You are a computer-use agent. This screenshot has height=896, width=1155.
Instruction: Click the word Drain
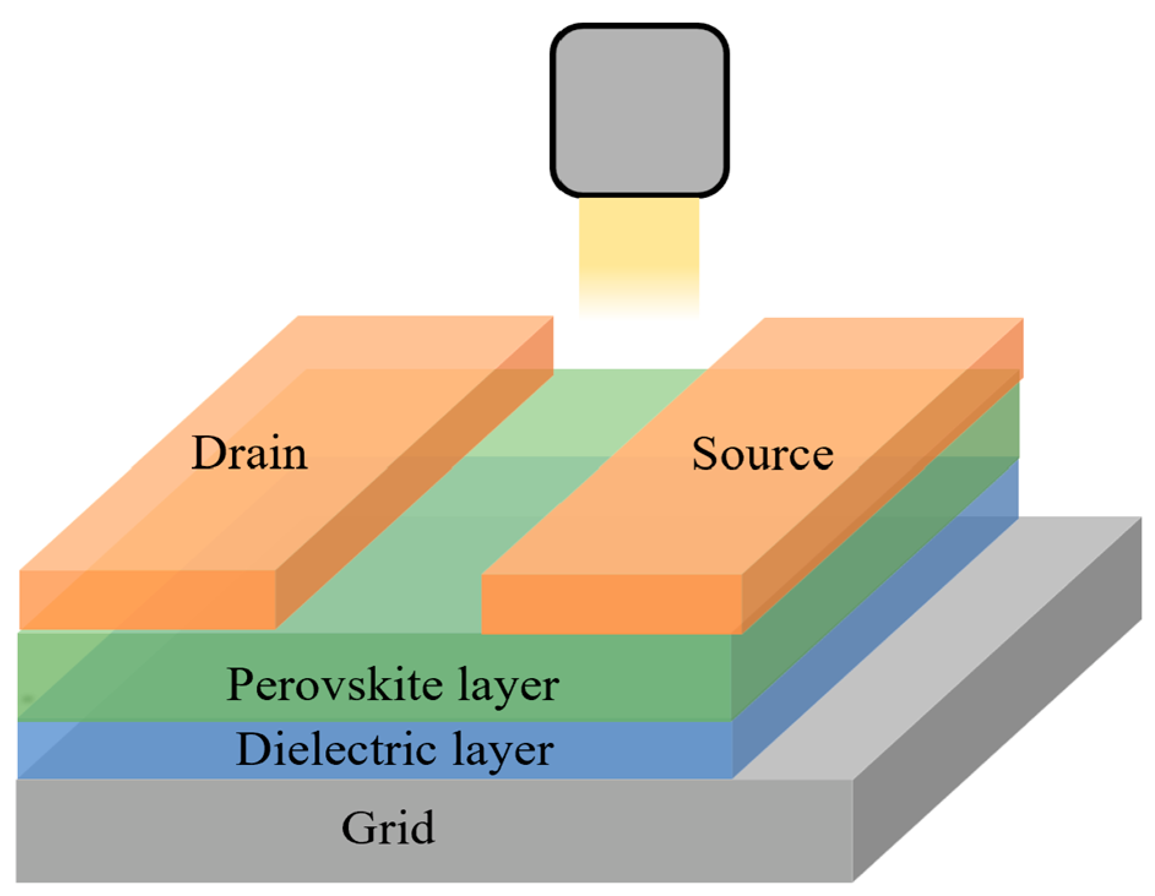click(249, 454)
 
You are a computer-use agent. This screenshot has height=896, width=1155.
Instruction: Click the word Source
click(762, 454)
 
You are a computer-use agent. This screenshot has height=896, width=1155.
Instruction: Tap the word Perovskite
click(334, 684)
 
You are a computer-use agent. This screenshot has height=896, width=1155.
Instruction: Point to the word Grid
click(388, 828)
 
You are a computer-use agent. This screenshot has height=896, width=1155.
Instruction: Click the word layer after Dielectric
click(503, 751)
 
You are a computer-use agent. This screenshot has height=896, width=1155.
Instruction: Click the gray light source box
click(639, 110)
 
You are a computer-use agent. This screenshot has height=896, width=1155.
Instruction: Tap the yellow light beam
click(639, 251)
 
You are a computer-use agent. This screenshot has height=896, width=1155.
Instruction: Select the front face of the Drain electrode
click(147, 600)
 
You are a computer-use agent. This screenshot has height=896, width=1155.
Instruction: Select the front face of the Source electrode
click(611, 604)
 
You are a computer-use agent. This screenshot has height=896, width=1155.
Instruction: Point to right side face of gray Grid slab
click(998, 723)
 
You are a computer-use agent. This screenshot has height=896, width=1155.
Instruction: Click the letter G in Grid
click(358, 828)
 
